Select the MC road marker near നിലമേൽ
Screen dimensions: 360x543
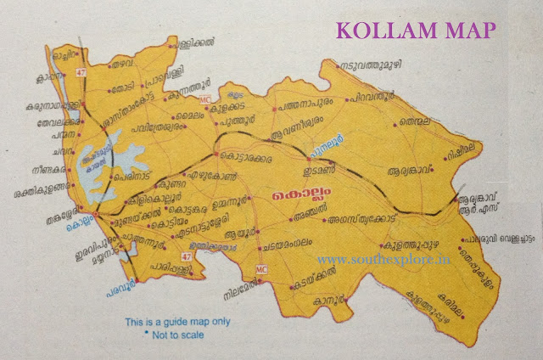click(x=261, y=269)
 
